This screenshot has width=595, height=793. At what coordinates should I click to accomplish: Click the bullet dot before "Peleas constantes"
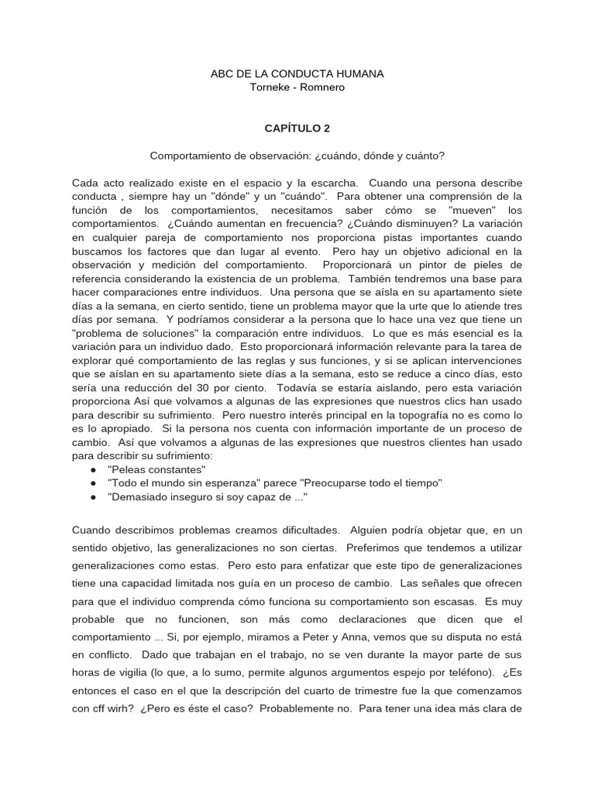pyautogui.click(x=93, y=469)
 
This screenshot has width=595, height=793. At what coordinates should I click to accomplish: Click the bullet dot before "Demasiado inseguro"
pyautogui.click(x=93, y=497)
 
